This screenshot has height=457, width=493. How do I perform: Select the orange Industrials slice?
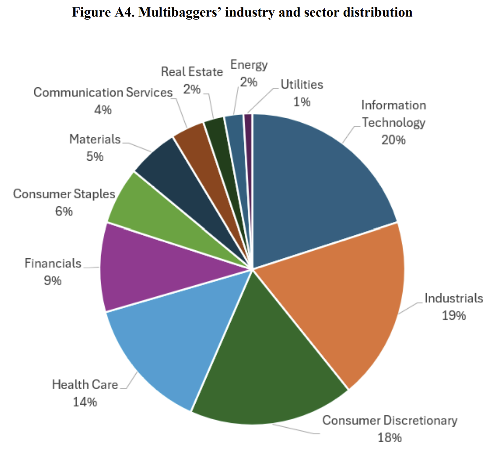coord(346,301)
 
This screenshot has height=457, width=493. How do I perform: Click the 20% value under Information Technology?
coord(393,140)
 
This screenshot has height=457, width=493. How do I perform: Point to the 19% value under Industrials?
coord(453,315)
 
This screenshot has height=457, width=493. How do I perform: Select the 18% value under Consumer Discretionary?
coord(390,437)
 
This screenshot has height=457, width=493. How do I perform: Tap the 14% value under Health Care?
coord(85,402)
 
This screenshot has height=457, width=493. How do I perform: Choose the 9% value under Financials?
coord(53,280)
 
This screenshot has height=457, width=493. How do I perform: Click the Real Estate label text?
coord(192,72)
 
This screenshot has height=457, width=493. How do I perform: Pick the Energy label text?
coord(249,65)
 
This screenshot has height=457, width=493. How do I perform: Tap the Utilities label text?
coord(302,85)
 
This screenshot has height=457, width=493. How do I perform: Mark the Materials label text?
coord(95,139)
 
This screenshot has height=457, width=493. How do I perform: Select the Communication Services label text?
coord(103,93)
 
